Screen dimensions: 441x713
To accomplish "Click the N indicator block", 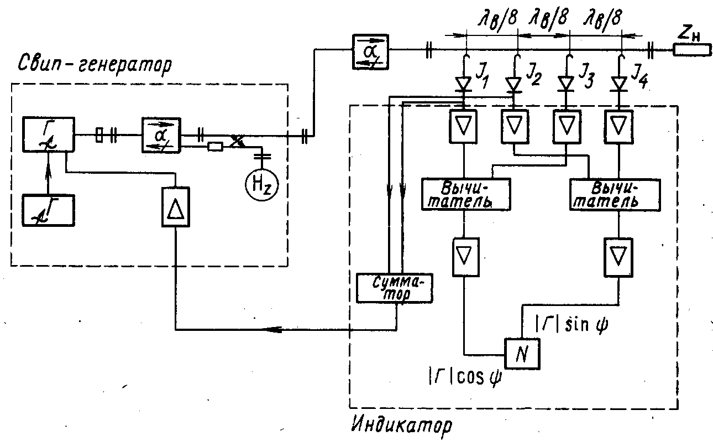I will [523, 353].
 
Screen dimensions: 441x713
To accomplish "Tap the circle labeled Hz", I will [261, 185].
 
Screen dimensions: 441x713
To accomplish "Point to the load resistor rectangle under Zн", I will [691, 51].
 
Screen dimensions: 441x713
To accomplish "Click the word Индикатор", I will [402, 426].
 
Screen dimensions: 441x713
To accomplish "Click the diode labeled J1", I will [463, 84].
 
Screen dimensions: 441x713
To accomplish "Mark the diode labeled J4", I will [620, 84].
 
